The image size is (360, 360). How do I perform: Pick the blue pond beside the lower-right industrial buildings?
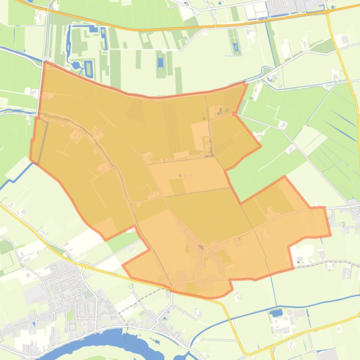coord(276,313)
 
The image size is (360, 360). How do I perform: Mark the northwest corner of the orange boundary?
coord(45,62)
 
